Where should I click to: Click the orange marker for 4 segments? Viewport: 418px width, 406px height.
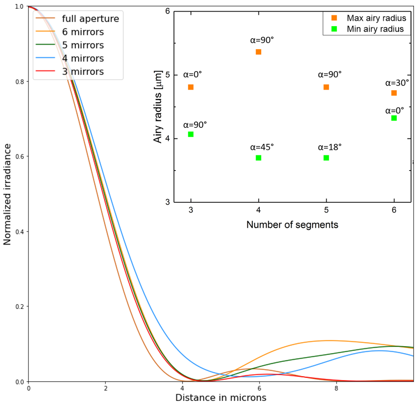258,52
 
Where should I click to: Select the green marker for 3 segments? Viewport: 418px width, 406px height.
191,134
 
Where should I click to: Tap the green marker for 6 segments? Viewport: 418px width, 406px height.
394,118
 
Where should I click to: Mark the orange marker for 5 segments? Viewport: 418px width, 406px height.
326,87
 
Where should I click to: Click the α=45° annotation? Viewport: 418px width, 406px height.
262,147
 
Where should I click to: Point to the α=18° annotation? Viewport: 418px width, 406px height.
330,147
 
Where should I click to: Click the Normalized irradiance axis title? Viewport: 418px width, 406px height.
8,194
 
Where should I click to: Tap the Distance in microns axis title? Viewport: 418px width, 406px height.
221,397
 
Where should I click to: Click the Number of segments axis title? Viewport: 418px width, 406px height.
292,225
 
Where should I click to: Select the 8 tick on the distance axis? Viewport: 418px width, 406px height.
336,389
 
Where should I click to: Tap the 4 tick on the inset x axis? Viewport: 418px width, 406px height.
259,209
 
